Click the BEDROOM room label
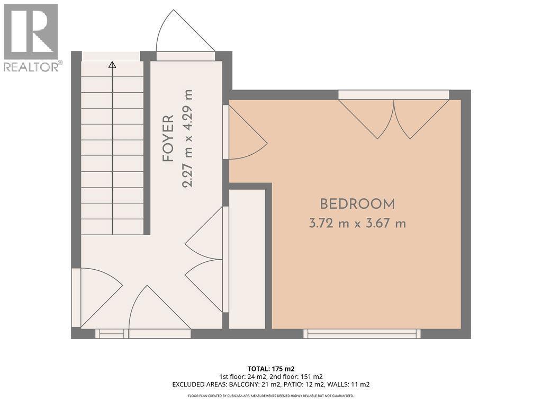tap(357, 204)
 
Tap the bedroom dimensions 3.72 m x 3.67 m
tap(357, 224)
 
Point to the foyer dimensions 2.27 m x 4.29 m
tap(187, 138)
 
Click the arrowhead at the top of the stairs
tap(112, 65)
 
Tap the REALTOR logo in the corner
tap(32, 37)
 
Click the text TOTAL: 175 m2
tap(270, 368)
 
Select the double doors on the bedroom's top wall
tap(394, 118)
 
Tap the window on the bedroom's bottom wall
tap(362, 333)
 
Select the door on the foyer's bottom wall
tap(159, 310)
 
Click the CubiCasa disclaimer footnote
tap(270, 395)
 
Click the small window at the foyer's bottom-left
tap(111, 334)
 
